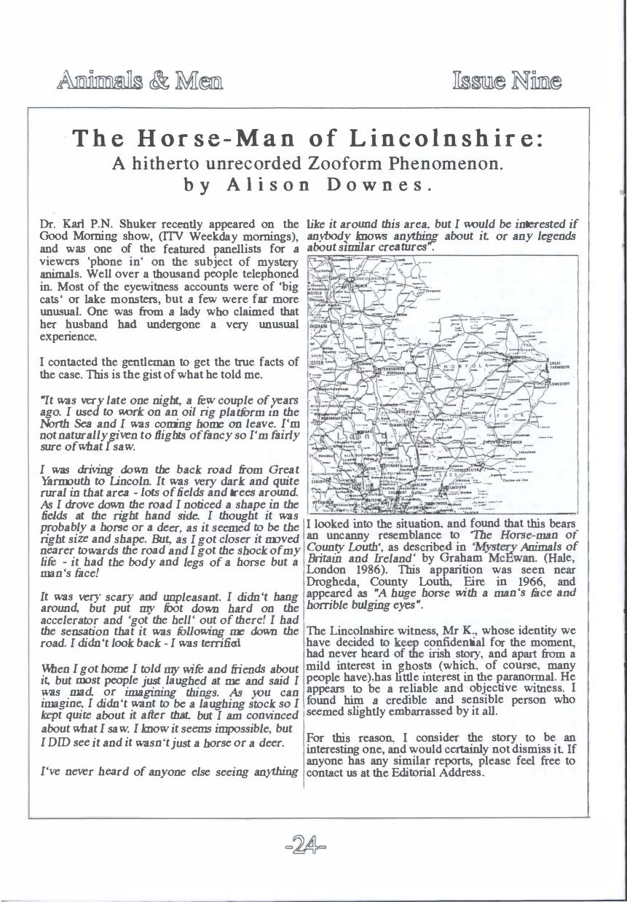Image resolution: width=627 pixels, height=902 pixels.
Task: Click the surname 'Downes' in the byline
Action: click(x=381, y=184)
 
